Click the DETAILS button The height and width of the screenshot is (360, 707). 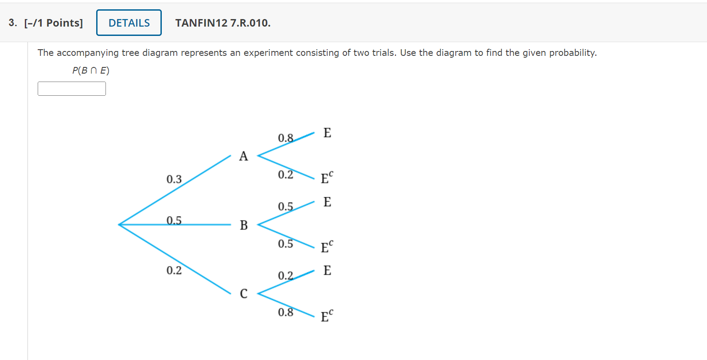pyautogui.click(x=129, y=23)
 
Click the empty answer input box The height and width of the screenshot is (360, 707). pyautogui.click(x=72, y=89)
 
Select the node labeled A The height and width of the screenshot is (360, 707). pyautogui.click(x=243, y=156)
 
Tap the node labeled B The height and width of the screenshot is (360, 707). pyautogui.click(x=244, y=225)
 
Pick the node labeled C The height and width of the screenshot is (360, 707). pyautogui.click(x=244, y=293)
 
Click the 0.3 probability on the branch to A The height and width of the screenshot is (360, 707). pyautogui.click(x=174, y=179)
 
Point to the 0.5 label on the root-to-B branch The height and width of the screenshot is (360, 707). pyautogui.click(x=174, y=220)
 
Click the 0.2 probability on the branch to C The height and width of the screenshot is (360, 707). pyautogui.click(x=174, y=270)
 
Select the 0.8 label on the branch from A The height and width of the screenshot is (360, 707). pyautogui.click(x=285, y=138)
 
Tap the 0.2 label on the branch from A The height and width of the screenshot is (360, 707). pyautogui.click(x=285, y=175)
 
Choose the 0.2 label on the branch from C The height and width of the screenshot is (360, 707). pyautogui.click(x=285, y=276)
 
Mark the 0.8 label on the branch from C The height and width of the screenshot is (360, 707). pyautogui.click(x=285, y=312)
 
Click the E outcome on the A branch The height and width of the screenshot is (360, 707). pyautogui.click(x=327, y=133)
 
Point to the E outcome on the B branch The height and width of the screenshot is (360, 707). pyautogui.click(x=327, y=202)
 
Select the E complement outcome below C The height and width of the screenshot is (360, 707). pyautogui.click(x=327, y=316)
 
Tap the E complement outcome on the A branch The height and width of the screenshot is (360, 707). pyautogui.click(x=327, y=177)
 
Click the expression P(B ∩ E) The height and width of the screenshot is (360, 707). pyautogui.click(x=91, y=70)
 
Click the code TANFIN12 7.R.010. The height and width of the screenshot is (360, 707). pyautogui.click(x=223, y=23)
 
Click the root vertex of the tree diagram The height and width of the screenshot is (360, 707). pyautogui.click(x=119, y=225)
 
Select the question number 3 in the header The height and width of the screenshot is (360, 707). pyautogui.click(x=12, y=23)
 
